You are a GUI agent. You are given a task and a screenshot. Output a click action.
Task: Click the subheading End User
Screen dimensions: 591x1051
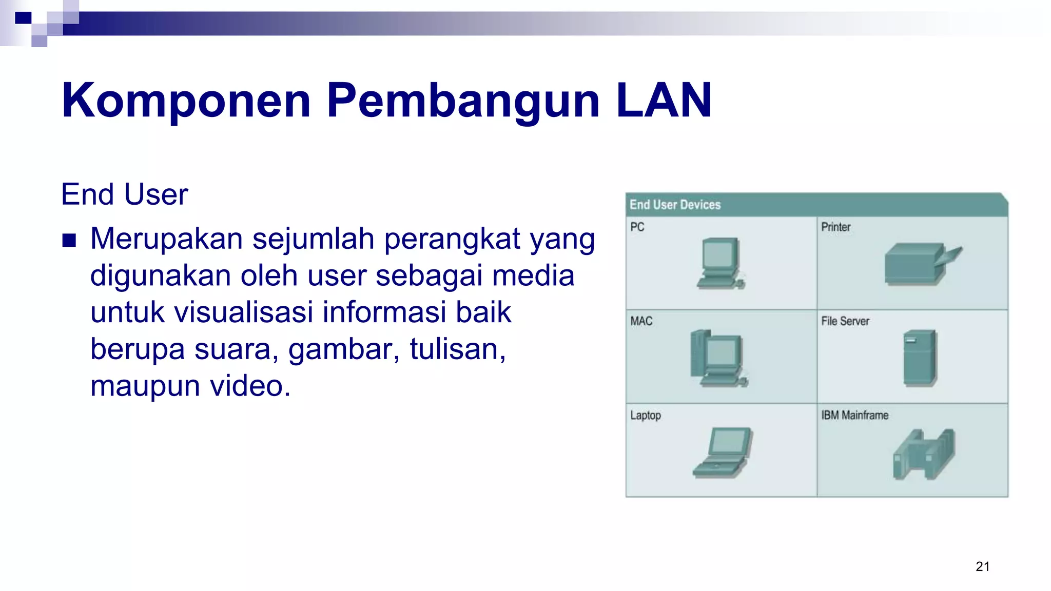tap(124, 194)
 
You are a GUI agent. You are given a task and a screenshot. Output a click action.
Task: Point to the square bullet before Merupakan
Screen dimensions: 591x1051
tap(69, 240)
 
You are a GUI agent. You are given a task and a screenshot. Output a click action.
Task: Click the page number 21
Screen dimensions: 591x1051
tap(982, 566)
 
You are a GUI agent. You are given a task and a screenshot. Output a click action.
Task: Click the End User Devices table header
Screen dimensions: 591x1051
tap(675, 205)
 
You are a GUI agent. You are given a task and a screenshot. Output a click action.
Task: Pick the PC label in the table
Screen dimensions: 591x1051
tap(637, 227)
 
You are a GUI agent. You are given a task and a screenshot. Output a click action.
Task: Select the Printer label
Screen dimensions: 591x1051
tap(835, 227)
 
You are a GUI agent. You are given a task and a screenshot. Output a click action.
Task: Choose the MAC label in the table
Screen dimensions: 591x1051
tap(641, 321)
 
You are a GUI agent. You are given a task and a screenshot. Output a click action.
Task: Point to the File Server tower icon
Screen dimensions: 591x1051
tap(920, 358)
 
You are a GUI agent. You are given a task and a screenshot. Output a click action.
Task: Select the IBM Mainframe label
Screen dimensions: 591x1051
tap(854, 415)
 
